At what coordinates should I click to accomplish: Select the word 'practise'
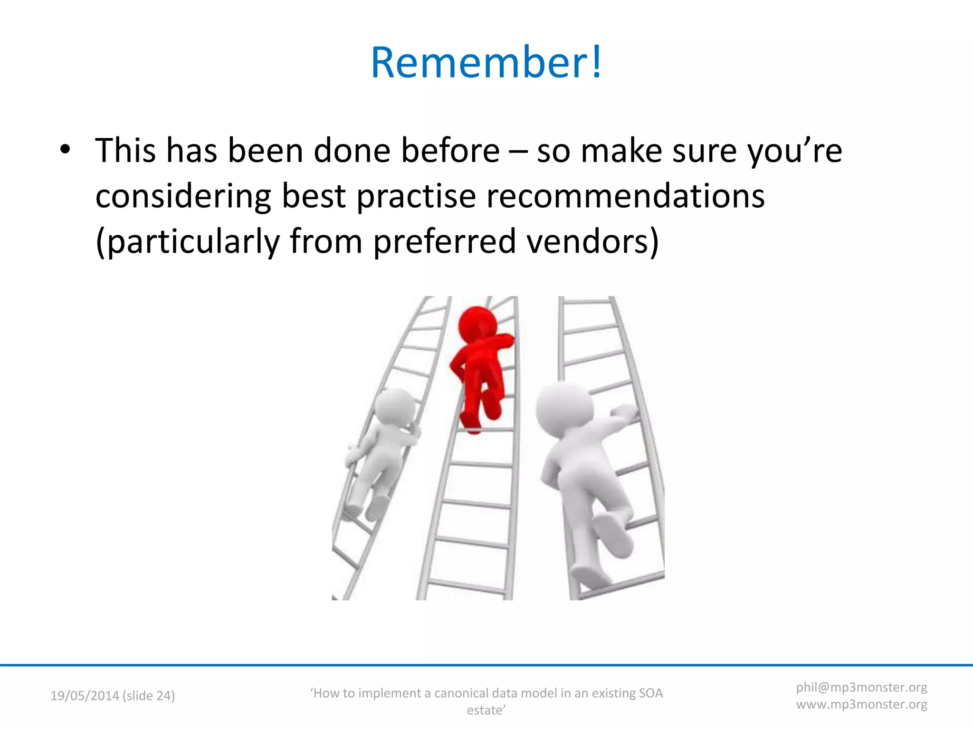coord(416,197)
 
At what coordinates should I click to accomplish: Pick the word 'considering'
coord(183,197)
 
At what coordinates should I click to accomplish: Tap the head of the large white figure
coord(564,409)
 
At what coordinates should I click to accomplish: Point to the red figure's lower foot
coord(473,425)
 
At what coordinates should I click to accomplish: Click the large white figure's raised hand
coord(623,412)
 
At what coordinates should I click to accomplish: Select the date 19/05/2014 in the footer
coord(85,696)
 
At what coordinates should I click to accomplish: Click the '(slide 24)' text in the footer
coord(149,696)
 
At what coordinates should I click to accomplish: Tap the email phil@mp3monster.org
coord(861,687)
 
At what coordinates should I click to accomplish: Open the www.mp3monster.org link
coord(861,704)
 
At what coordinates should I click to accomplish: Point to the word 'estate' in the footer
coord(485,711)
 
